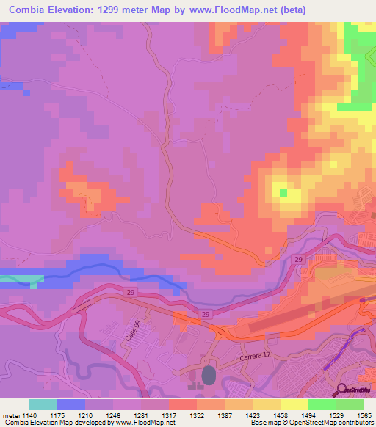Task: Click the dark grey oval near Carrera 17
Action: [209, 376]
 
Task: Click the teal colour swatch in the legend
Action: [43, 404]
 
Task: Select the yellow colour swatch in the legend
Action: [294, 404]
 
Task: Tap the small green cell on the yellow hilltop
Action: [283, 192]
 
